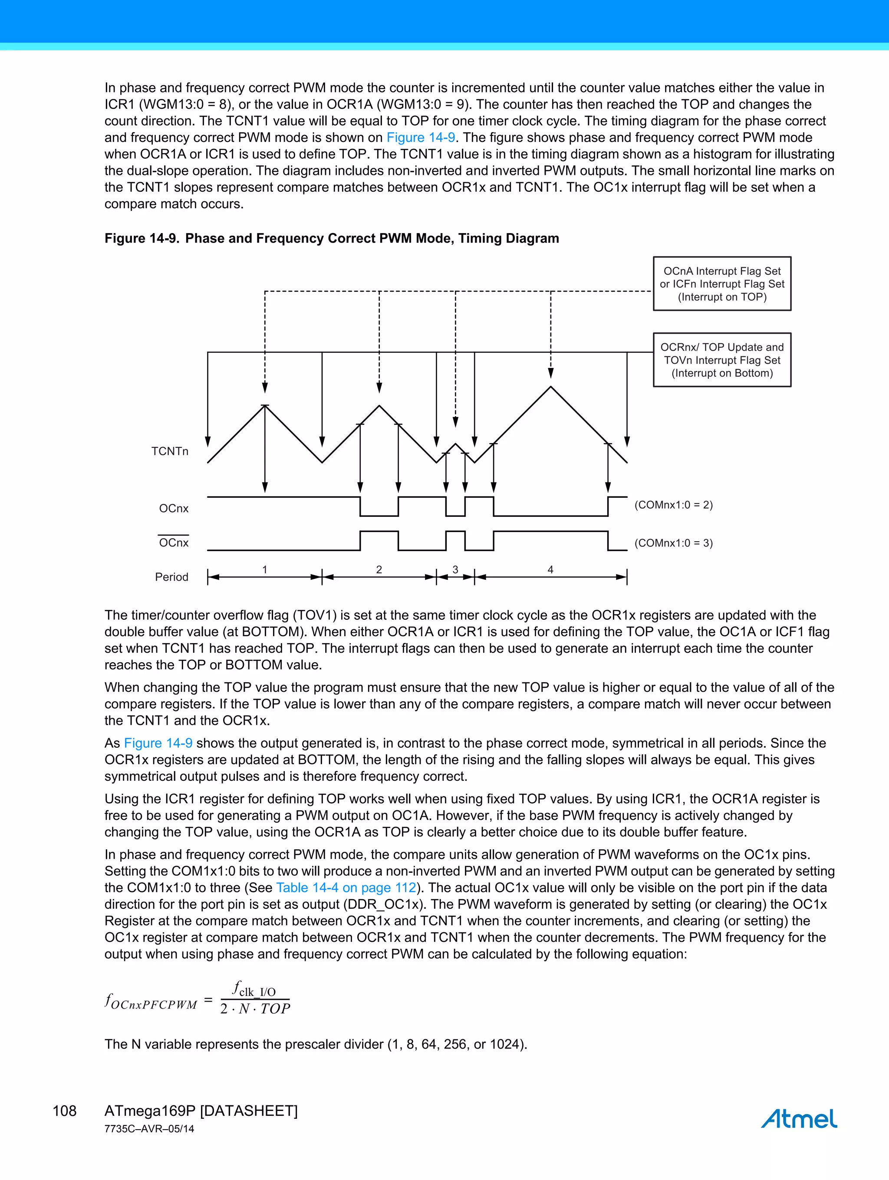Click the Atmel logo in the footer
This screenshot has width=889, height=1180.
pyautogui.click(x=798, y=1118)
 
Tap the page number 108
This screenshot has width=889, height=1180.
pyautogui.click(x=65, y=1111)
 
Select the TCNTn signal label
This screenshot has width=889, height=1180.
pyautogui.click(x=170, y=451)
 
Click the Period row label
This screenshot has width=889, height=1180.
pyautogui.click(x=171, y=577)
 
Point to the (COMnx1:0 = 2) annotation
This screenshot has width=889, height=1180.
pyautogui.click(x=673, y=505)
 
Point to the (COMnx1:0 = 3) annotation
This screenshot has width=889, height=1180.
pyautogui.click(x=673, y=543)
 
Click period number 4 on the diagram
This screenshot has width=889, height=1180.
pyautogui.click(x=550, y=570)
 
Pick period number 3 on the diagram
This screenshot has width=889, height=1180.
pyautogui.click(x=455, y=570)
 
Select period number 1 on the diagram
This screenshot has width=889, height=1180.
pyautogui.click(x=265, y=570)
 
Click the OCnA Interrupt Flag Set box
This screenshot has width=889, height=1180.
pyautogui.click(x=721, y=284)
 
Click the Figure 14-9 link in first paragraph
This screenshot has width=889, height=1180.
pyautogui.click(x=421, y=138)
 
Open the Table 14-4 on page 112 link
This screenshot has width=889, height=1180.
pyautogui.click(x=346, y=887)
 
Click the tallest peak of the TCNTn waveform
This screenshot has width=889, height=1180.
pyautogui.click(x=550, y=387)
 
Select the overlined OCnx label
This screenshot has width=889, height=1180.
pyautogui.click(x=174, y=542)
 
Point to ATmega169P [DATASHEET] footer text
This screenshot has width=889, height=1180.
pyautogui.click(x=201, y=1111)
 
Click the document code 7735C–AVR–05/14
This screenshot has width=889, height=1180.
pyautogui.click(x=149, y=1129)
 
